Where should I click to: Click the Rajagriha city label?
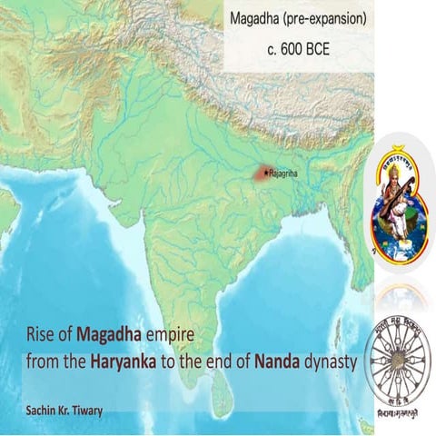(285, 172)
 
